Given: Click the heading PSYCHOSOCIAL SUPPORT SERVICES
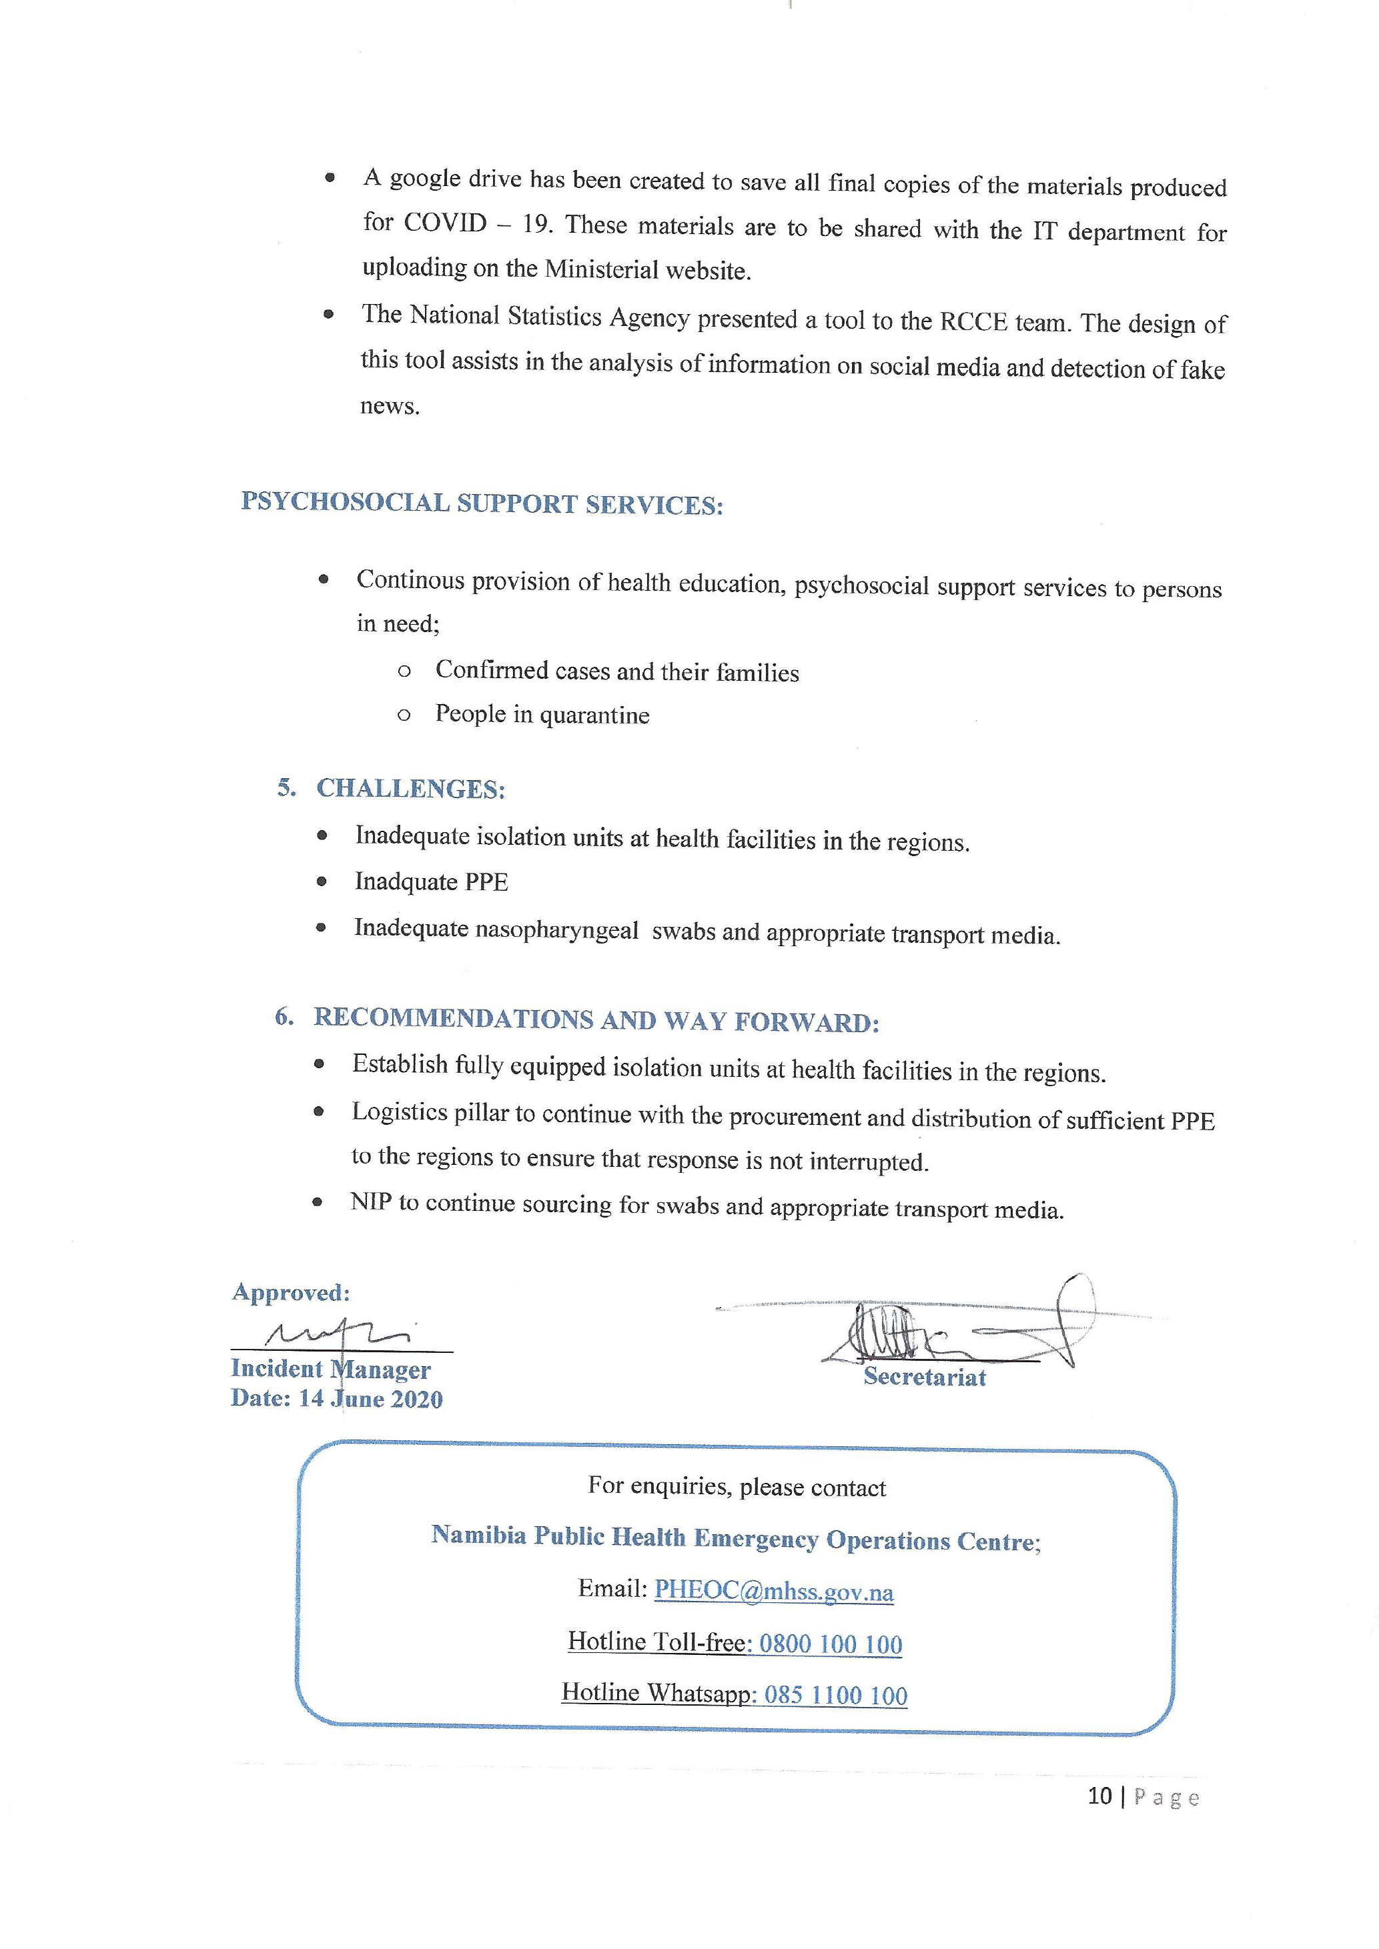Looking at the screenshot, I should (482, 503).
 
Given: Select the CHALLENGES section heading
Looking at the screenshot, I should (410, 789).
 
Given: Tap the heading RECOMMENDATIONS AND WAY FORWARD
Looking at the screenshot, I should (595, 1020).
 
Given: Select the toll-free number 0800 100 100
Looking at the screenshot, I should (831, 1644).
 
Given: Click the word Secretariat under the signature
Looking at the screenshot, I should (925, 1377).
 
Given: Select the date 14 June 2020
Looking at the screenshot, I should (370, 1399).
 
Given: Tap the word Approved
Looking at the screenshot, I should (290, 1293).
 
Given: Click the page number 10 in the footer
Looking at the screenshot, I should (1099, 1796).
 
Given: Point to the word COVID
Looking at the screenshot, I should (444, 223).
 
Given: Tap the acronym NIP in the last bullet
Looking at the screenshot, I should (371, 1203).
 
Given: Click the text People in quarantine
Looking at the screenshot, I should (542, 715).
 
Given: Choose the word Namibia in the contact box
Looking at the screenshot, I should (478, 1535).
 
